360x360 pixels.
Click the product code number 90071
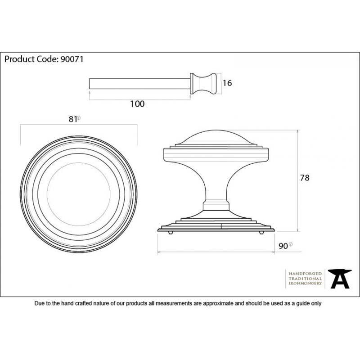click(x=72, y=59)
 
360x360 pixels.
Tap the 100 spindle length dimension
click(x=137, y=104)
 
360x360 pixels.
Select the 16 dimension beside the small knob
click(x=227, y=83)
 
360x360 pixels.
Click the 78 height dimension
click(x=305, y=178)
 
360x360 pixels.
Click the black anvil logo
click(x=340, y=279)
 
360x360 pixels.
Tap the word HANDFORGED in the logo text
click(x=305, y=274)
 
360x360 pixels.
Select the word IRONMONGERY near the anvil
click(x=305, y=283)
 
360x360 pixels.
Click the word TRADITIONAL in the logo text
click(x=305, y=279)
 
